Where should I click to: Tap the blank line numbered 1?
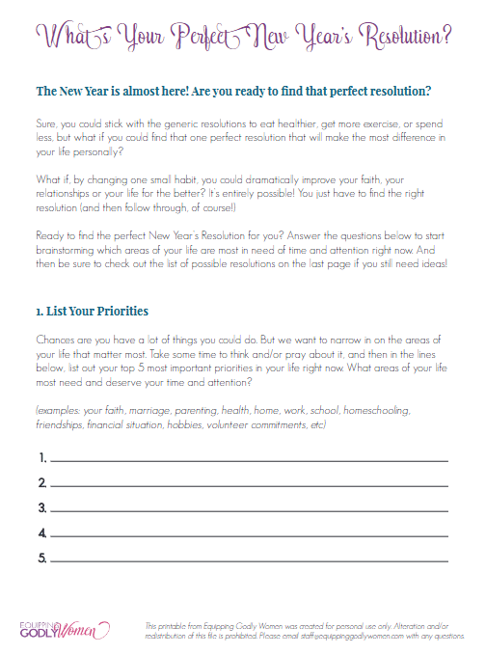pos(249,458)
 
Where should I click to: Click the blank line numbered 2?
pos(249,483)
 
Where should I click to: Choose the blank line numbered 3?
pos(249,508)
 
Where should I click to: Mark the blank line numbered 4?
pos(249,533)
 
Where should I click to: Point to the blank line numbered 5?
pos(249,559)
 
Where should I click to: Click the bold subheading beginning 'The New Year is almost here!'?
pos(232,92)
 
